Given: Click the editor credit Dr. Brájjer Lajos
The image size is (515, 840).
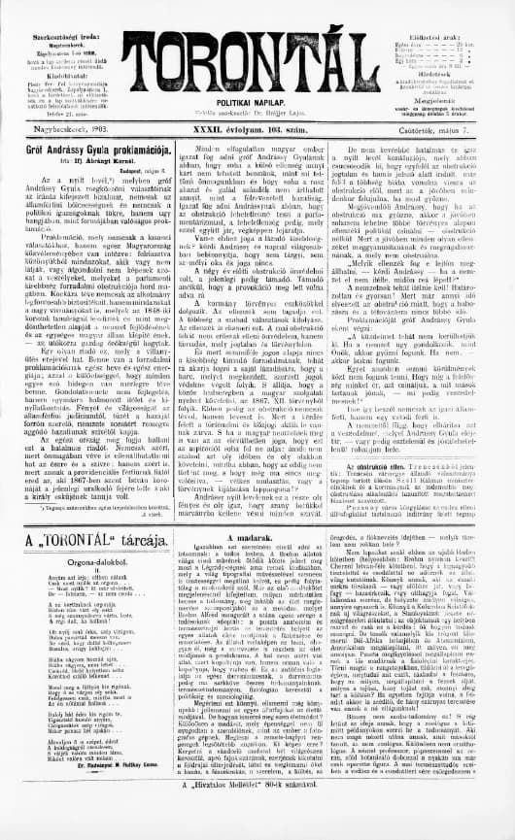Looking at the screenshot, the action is (x=289, y=113).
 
